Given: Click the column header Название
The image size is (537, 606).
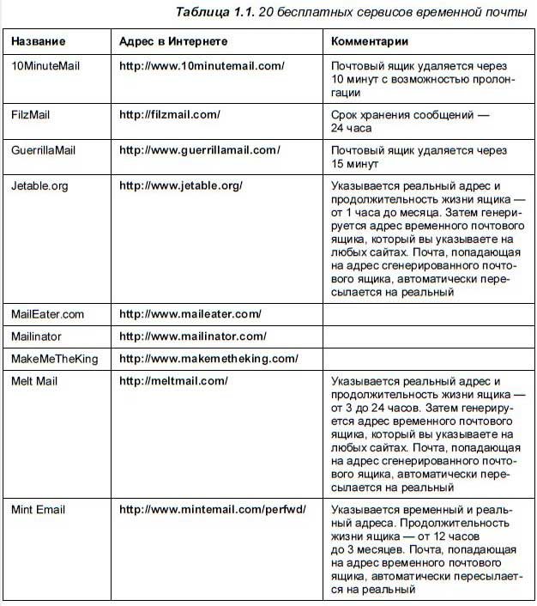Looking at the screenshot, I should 38,41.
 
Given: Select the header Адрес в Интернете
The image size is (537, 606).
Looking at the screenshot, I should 173,41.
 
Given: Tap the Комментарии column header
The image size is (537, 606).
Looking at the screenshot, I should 370,41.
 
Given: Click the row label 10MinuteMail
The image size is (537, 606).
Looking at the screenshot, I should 45,65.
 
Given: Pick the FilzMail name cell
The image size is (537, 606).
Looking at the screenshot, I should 31,114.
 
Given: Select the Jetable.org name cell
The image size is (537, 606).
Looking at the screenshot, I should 39,185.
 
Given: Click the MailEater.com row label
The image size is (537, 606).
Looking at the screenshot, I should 48,314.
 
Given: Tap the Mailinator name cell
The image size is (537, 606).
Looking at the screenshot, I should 36,336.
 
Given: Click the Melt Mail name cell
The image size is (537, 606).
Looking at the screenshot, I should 34,381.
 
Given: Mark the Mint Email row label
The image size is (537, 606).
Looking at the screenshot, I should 38,510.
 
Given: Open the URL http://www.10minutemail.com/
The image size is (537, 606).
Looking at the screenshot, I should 202,65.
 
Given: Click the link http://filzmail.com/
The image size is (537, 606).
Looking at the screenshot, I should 170,114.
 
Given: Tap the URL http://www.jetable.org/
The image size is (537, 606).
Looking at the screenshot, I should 181,185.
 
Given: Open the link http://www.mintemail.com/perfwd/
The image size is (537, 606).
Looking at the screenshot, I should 212,510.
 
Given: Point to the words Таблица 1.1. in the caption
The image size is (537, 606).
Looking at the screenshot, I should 213,12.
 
